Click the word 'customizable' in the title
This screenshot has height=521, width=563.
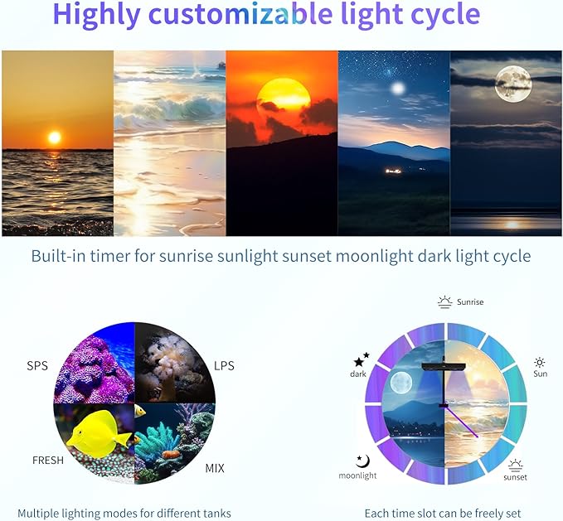(274, 15)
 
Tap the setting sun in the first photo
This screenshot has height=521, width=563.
(55, 137)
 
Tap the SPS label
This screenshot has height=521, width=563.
(37, 366)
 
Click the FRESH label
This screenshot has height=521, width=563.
(48, 460)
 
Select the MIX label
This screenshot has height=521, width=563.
(215, 468)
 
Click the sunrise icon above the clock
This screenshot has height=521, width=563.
(445, 302)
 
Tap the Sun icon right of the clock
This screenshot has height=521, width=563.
(540, 363)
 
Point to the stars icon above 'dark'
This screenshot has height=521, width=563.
(362, 359)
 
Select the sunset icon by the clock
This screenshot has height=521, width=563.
(515, 464)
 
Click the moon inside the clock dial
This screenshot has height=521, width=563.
(401, 383)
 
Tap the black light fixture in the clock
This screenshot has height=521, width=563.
(445, 366)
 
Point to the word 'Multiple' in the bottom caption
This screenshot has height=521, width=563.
(41, 513)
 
